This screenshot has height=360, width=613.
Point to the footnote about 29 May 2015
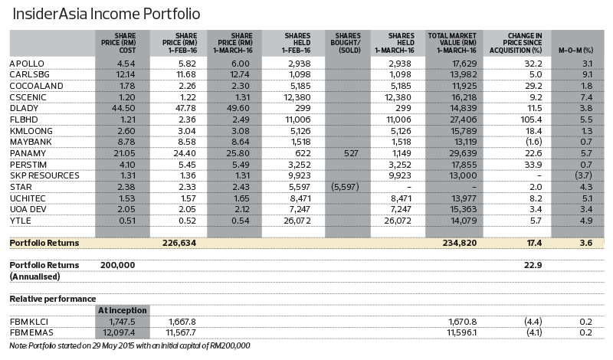[129, 346]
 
